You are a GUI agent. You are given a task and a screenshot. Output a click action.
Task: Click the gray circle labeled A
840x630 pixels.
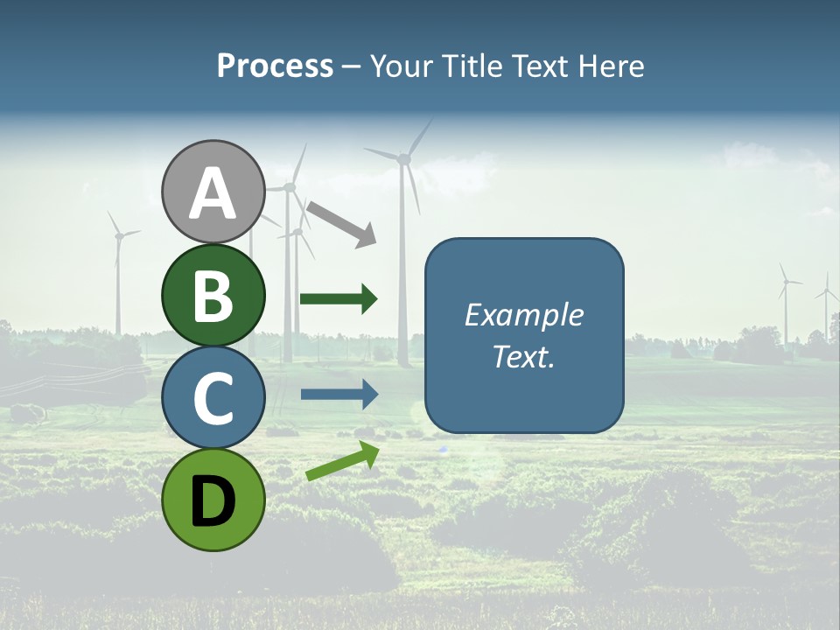pos(213,192)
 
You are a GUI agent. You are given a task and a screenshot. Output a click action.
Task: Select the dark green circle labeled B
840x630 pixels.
pos(213,295)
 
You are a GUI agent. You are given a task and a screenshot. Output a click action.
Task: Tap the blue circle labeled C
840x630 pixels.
pos(213,397)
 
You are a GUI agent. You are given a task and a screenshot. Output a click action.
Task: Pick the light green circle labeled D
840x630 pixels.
pos(213,500)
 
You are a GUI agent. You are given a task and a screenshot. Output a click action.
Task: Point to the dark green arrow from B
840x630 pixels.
pos(339,299)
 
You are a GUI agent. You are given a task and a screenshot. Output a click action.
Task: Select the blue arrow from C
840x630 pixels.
pos(339,394)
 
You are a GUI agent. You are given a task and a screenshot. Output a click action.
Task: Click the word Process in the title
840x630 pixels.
pos(275,66)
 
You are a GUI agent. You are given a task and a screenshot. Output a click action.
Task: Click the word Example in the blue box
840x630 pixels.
pos(524,315)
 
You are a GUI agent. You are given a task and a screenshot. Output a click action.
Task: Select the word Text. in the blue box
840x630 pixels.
pos(524,356)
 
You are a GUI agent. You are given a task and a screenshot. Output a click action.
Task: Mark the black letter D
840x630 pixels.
pos(213,501)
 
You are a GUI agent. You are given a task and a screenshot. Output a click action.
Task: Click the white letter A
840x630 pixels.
pos(213,193)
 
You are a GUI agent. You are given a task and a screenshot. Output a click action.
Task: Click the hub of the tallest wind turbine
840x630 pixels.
pos(403,159)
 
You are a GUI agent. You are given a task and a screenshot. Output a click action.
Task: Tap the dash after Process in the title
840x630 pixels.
pos(351,67)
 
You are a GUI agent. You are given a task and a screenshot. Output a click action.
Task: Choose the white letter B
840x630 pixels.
pos(213,296)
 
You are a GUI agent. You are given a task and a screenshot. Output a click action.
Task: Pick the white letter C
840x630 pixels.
pos(213,398)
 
